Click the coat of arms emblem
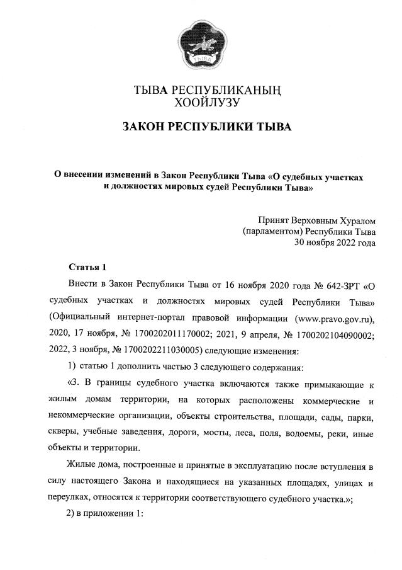(x=201, y=45)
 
